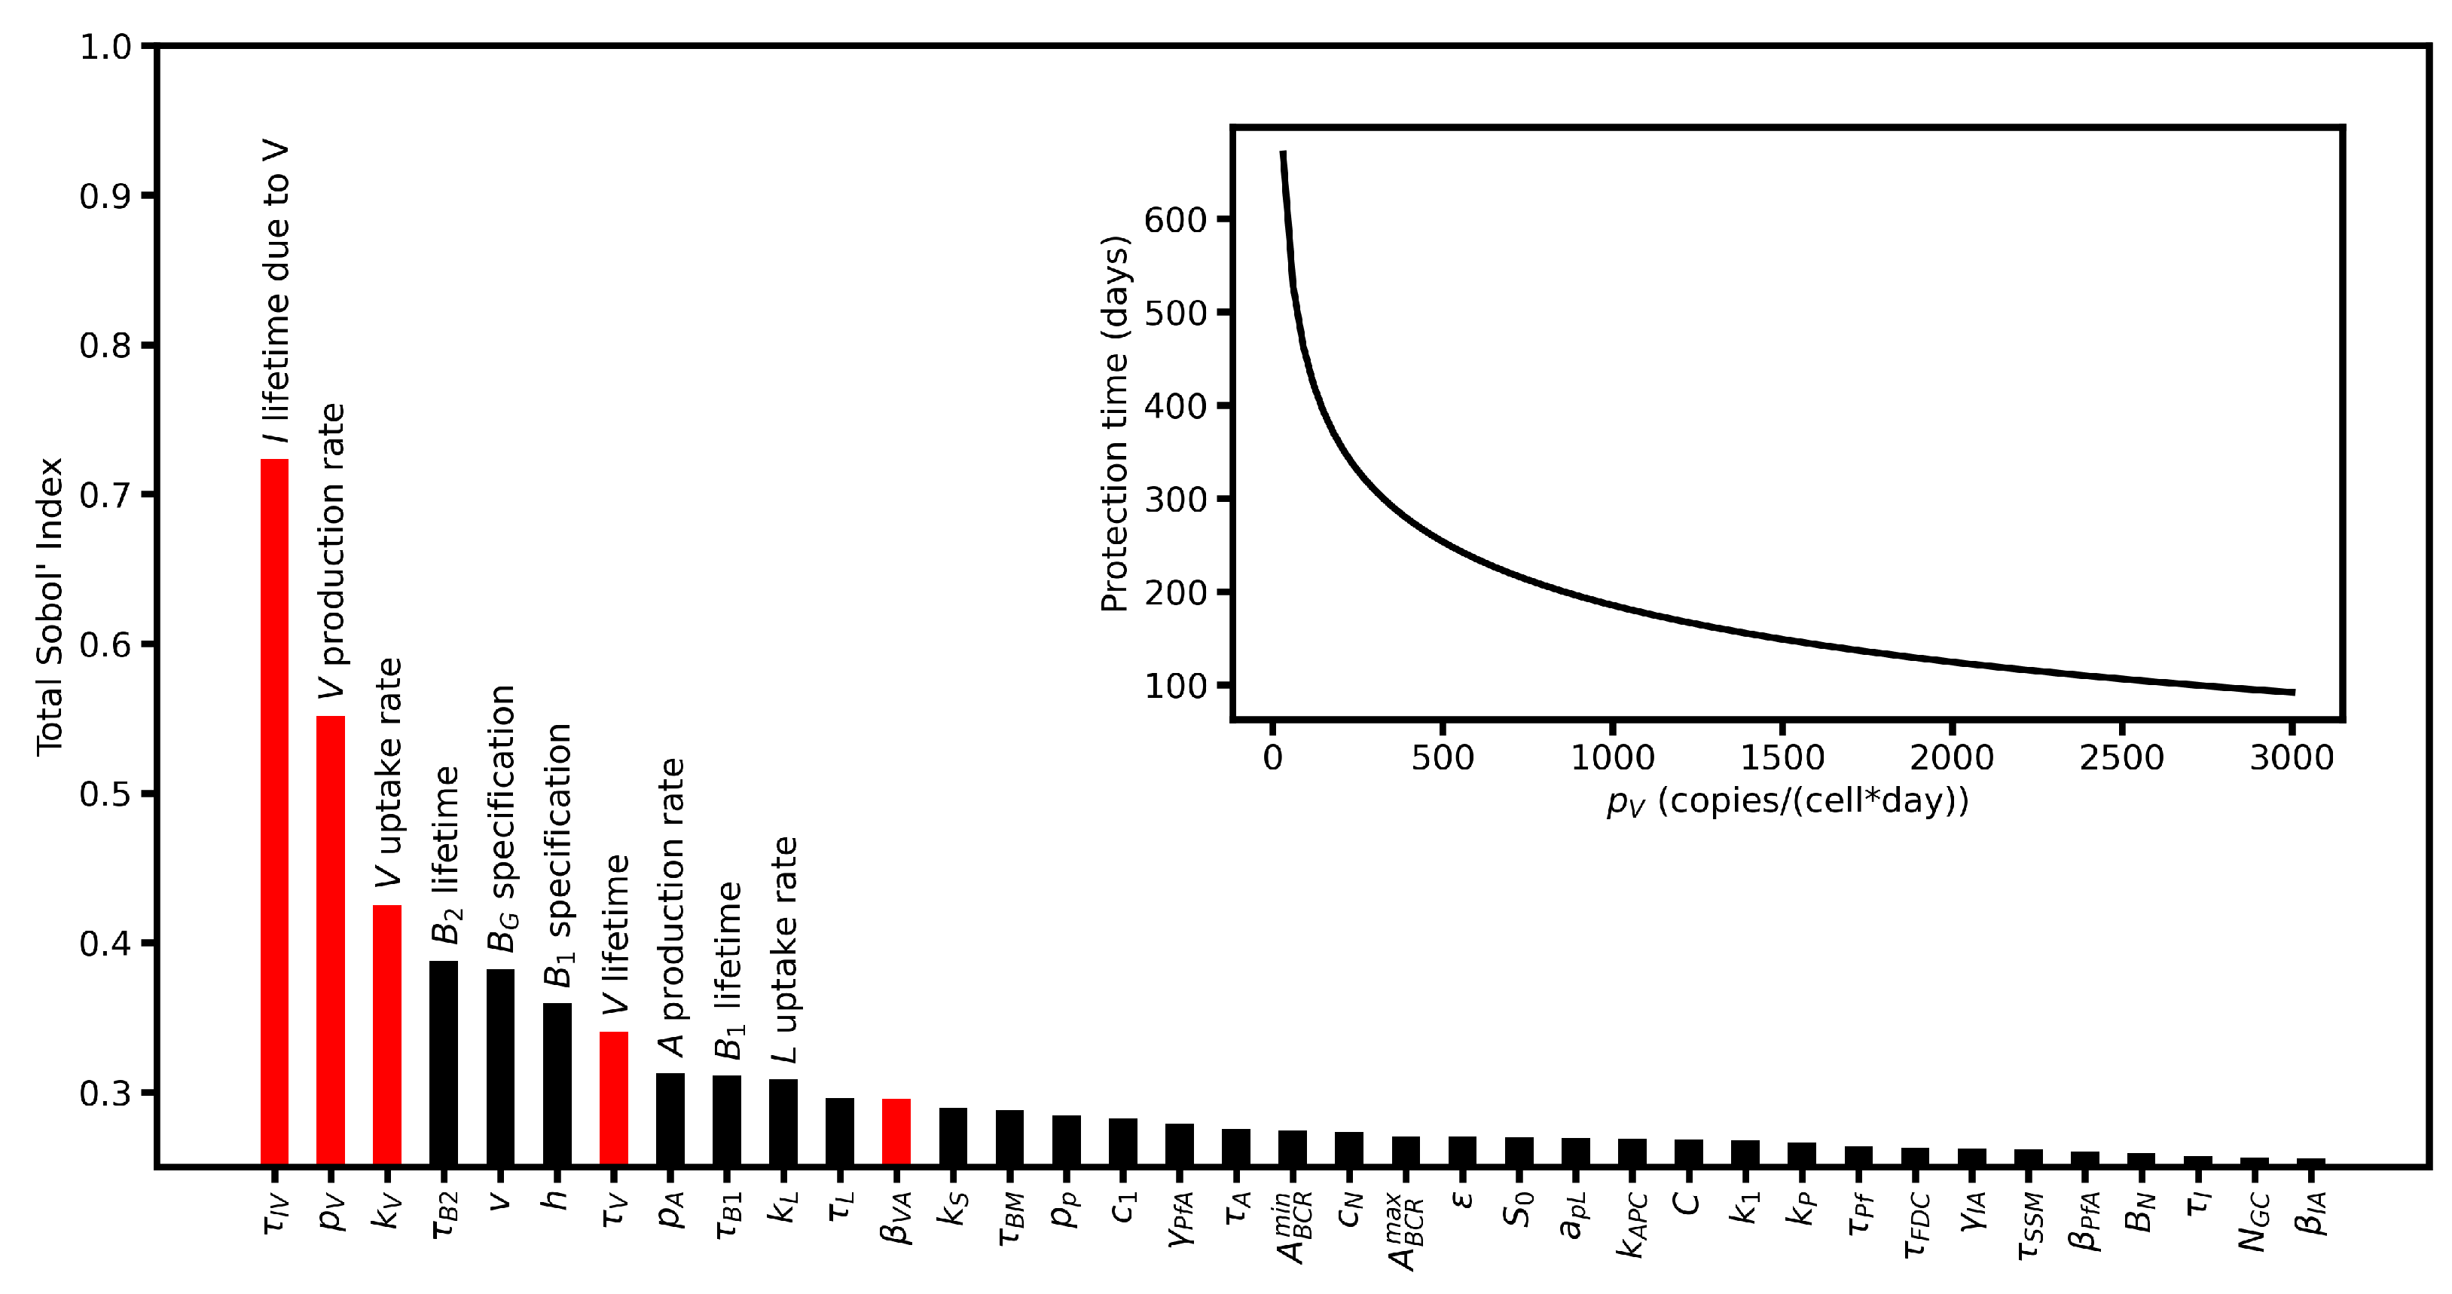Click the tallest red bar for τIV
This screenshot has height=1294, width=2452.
coord(274,809)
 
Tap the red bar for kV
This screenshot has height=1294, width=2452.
coord(386,1033)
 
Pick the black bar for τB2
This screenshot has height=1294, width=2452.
coord(444,1062)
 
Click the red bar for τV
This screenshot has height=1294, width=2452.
coord(614,1097)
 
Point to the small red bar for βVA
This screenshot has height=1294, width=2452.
coord(896,1131)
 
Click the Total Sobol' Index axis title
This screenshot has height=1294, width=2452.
coord(50,607)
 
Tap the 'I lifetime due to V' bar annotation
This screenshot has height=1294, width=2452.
coord(276,293)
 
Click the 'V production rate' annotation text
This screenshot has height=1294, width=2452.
coord(332,550)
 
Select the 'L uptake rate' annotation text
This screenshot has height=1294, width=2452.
coord(784,950)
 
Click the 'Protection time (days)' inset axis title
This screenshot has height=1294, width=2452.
coord(1113,423)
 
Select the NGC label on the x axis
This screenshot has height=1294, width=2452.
coord(2254,1222)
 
